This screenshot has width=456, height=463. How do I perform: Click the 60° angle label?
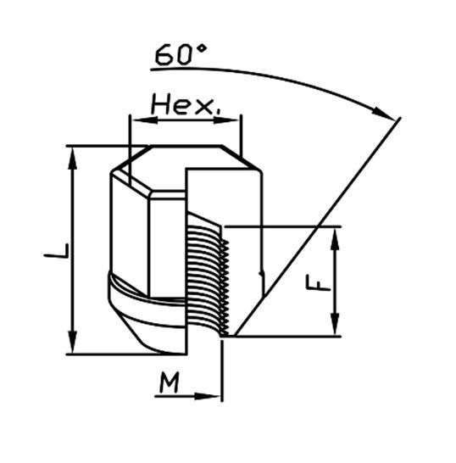181,54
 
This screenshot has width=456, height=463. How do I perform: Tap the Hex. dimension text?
186,106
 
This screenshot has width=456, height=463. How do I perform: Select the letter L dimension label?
57,251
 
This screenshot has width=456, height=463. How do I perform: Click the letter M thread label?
170,382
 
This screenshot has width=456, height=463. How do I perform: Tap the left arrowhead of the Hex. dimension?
145,120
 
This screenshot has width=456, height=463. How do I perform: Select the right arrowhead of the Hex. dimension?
225,120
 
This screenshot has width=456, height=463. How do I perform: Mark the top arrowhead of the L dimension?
72,159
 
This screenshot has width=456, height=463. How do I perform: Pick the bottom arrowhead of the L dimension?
72,342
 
